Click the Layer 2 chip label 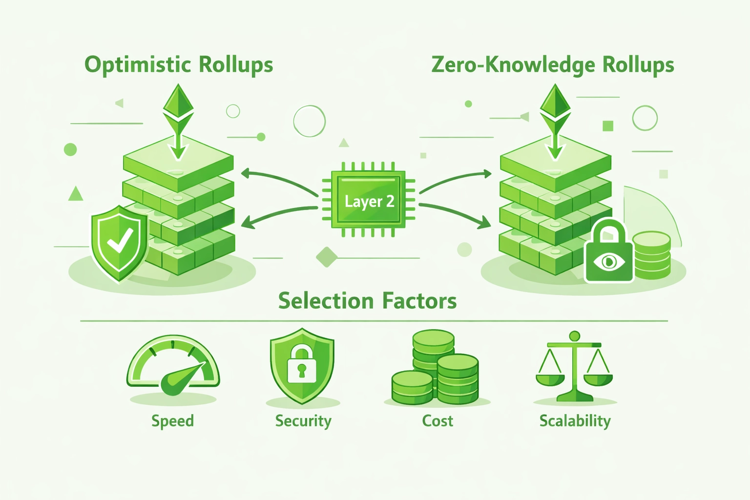pyautogui.click(x=369, y=201)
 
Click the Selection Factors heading pyautogui.click(x=367, y=301)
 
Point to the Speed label pyautogui.click(x=172, y=421)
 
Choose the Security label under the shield pyautogui.click(x=303, y=421)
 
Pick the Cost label pyautogui.click(x=437, y=421)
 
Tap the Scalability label pyautogui.click(x=575, y=421)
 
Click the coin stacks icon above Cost pyautogui.click(x=436, y=369)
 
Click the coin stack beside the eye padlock pyautogui.click(x=651, y=255)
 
